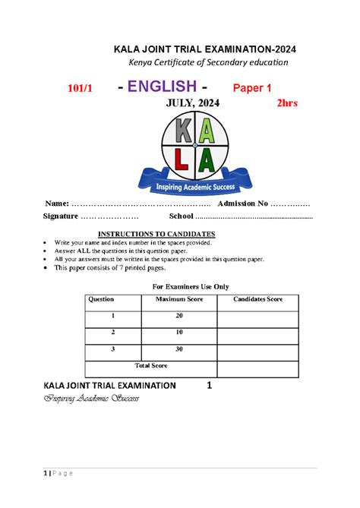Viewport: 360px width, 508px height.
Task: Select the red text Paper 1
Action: (x=251, y=88)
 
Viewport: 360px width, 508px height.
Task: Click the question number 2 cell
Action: (x=113, y=333)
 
